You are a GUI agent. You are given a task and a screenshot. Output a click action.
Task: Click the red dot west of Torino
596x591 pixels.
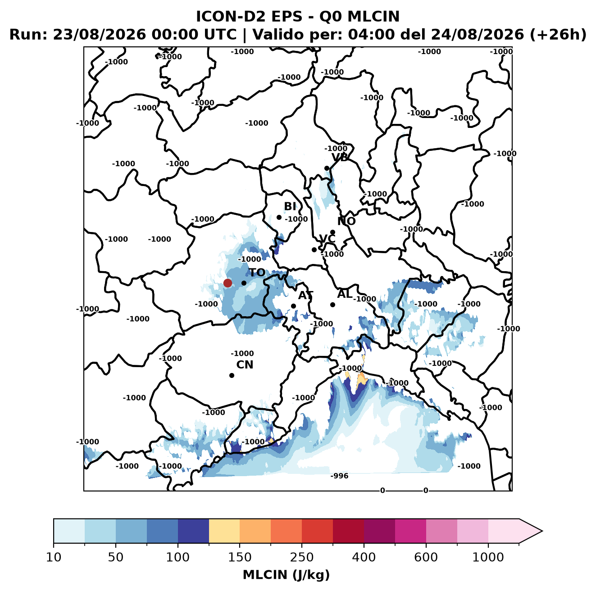tap(227, 283)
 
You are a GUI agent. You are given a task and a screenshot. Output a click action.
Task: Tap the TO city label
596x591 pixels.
tap(257, 273)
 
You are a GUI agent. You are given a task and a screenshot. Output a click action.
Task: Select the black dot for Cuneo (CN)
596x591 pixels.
tap(232, 375)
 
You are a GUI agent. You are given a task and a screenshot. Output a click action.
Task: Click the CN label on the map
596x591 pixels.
tap(245, 364)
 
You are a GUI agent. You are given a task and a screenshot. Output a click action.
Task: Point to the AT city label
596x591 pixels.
tap(305, 295)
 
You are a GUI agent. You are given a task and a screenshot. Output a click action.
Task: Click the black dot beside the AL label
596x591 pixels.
tap(332, 305)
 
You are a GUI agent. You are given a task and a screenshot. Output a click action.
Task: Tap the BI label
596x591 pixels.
tap(290, 206)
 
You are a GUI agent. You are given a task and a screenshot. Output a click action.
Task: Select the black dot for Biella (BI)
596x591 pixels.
tap(279, 217)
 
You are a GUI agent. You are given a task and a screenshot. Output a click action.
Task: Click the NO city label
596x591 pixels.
tap(346, 221)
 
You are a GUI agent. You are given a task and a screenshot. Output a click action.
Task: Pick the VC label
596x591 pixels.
tap(327, 238)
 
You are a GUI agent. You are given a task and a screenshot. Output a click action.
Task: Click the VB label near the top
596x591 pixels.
tap(340, 157)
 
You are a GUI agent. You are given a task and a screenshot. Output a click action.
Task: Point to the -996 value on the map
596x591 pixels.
tap(339, 476)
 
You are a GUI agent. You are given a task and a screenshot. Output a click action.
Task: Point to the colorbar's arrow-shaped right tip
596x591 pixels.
tap(542, 531)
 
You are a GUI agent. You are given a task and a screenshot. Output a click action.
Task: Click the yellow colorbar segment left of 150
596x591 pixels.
tap(224, 531)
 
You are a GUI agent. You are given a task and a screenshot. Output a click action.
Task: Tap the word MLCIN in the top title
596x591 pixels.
tap(373, 16)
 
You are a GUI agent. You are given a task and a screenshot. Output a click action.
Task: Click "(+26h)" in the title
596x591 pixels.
tap(558, 34)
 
